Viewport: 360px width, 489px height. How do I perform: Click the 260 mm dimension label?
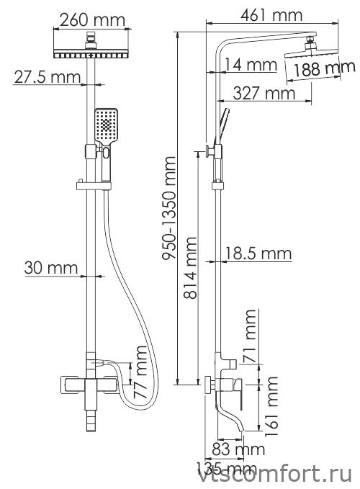pyautogui.click(x=92, y=20)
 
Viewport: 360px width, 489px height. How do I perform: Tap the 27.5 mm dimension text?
pyautogui.click(x=48, y=77)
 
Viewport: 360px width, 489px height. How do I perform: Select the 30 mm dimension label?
pyautogui.click(x=51, y=268)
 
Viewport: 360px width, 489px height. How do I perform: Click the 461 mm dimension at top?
pyautogui.click(x=271, y=15)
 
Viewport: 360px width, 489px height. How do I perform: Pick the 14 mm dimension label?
pyautogui.click(x=251, y=65)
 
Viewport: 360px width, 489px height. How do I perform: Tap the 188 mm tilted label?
pyautogui.click(x=320, y=68)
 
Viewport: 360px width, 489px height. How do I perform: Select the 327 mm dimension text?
pyautogui.click(x=264, y=93)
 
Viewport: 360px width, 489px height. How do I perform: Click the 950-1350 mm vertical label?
pyautogui.click(x=169, y=208)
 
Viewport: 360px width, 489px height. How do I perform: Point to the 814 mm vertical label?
pyautogui.click(x=190, y=268)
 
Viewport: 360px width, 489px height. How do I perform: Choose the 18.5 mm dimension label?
pyautogui.click(x=258, y=254)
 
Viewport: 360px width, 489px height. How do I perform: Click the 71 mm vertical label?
pyautogui.click(x=251, y=336)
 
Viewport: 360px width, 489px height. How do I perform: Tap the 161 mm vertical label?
pyautogui.click(x=271, y=406)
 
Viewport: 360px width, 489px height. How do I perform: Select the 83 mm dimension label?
pyautogui.click(x=238, y=449)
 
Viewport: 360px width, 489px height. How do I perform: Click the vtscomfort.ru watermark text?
pyautogui.click(x=275, y=475)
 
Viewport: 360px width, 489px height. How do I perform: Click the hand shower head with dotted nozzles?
pyautogui.click(x=107, y=127)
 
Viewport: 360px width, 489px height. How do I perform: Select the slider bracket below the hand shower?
pyautogui.click(x=94, y=186)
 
